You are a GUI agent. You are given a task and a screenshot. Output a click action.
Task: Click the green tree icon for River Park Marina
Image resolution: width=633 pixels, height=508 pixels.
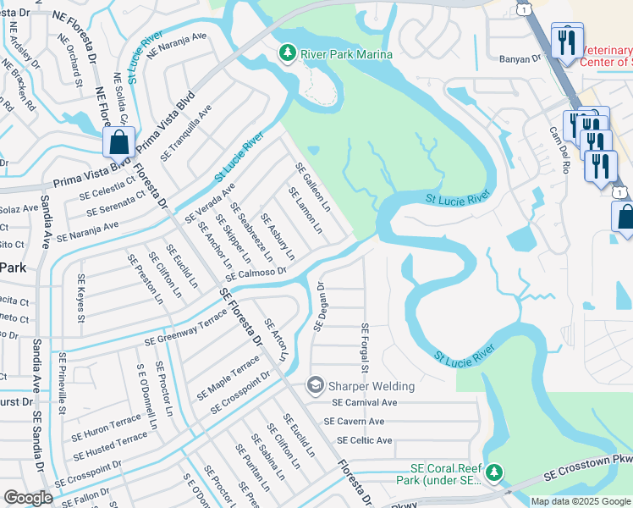point(288,54)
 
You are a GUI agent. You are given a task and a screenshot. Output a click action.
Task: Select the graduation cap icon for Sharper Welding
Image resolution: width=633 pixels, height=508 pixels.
point(316,386)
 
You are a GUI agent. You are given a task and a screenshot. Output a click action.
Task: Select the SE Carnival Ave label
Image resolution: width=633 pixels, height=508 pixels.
point(364,403)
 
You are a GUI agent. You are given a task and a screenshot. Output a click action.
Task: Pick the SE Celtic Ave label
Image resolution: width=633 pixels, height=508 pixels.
point(364,440)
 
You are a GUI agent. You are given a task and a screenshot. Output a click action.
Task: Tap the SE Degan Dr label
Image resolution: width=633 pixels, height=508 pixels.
point(320,306)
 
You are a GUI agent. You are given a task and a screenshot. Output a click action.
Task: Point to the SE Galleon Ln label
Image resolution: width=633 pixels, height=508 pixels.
point(312,188)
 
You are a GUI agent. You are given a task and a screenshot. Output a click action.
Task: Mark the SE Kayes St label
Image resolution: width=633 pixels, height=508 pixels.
point(81,297)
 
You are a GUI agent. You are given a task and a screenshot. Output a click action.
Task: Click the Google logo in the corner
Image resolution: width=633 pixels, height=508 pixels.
point(28,498)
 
